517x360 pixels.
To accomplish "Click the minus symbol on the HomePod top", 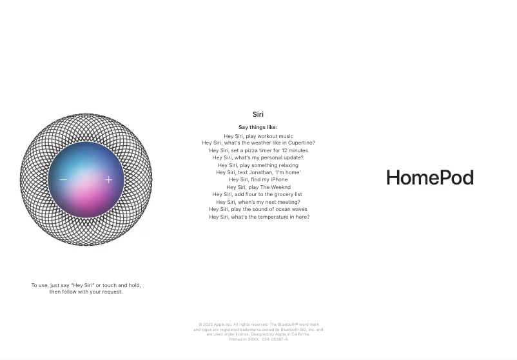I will tap(63, 180).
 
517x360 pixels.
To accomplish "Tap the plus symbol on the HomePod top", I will tap(109, 180).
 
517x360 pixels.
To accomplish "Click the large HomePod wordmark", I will tap(430, 178).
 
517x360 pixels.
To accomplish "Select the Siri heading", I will tap(258, 115).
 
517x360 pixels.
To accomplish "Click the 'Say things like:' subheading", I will tap(258, 128).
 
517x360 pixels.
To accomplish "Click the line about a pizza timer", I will tap(258, 150).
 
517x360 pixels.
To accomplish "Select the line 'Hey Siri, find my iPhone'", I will tap(258, 179).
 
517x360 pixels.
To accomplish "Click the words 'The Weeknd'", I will tap(276, 187).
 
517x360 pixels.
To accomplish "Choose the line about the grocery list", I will tap(258, 194).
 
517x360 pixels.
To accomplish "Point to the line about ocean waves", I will tap(258, 209).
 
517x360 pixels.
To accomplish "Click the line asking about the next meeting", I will tap(258, 202).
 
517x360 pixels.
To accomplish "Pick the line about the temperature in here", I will tap(258, 217).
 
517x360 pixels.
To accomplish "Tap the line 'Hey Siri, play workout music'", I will tap(258, 136).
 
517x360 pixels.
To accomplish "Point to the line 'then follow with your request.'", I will tap(86, 292).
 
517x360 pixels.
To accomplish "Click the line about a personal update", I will tap(258, 157).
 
